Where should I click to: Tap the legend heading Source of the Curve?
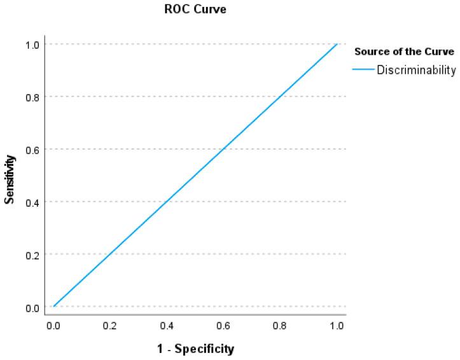click(x=404, y=51)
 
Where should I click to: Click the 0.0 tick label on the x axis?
click(x=53, y=326)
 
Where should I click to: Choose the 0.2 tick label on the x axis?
click(x=110, y=326)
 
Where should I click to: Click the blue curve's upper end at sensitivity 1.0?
click(x=337, y=44)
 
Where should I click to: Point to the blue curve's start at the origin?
click(x=54, y=307)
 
